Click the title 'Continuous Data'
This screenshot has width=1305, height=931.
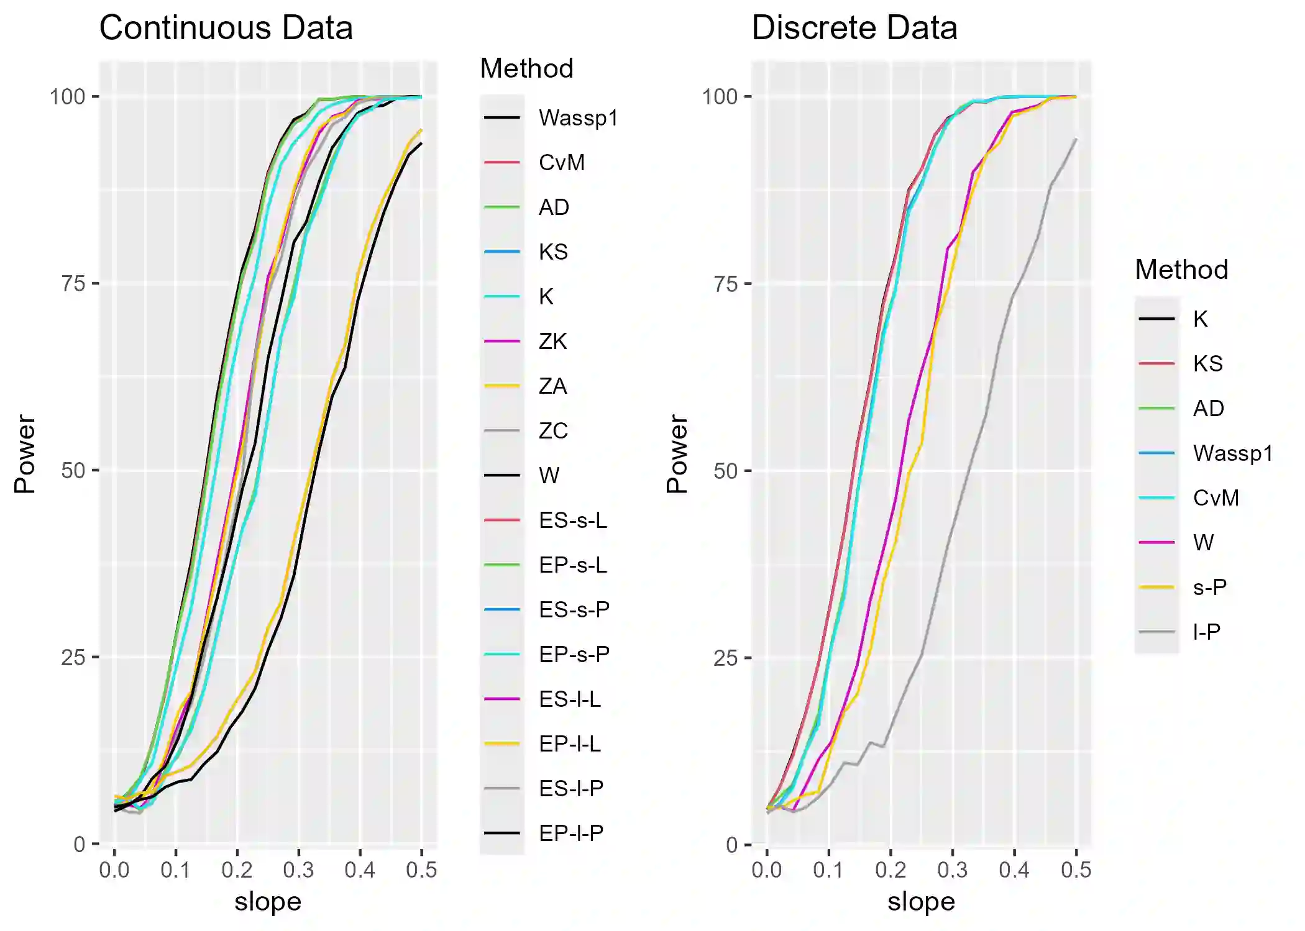(226, 28)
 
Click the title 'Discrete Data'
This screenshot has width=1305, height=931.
(854, 28)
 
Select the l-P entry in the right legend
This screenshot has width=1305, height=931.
(1206, 632)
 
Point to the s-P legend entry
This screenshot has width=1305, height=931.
(1209, 588)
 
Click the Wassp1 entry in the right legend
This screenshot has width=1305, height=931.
(1232, 453)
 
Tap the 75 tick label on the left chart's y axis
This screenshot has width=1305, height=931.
(73, 284)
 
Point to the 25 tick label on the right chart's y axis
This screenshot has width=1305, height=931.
(725, 658)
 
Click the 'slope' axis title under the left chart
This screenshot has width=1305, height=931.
(268, 902)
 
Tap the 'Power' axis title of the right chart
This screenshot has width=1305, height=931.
(677, 454)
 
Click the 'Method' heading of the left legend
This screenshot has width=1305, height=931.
(526, 68)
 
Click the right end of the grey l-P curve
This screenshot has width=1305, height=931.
(1076, 139)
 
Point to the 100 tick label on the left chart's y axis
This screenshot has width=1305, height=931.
(67, 97)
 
